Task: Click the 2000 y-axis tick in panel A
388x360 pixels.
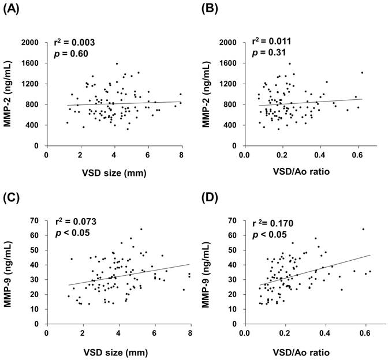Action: (30, 43)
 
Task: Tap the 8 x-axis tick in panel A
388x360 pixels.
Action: (181, 155)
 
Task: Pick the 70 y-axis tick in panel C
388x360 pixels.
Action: (36, 220)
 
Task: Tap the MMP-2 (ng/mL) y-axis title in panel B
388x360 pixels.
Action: (210, 93)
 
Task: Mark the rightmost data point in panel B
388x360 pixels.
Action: (362, 73)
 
